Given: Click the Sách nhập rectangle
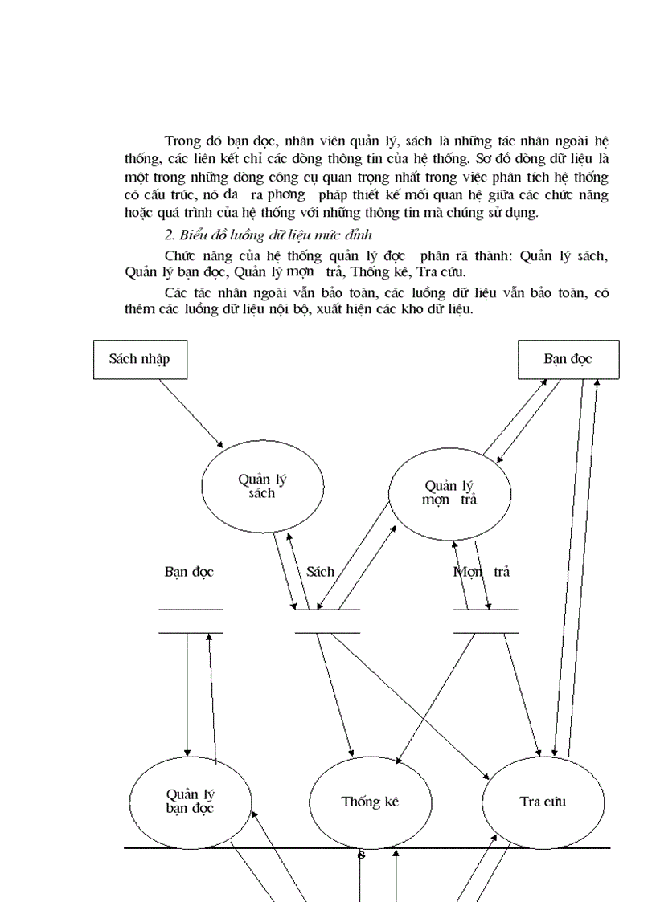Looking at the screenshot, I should coord(140,359).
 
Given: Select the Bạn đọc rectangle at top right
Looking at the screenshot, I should coord(568,359).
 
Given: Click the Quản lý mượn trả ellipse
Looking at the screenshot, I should coord(450,492).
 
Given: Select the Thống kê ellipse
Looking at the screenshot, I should coord(370,802).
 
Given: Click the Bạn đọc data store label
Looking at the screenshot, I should coord(189,572).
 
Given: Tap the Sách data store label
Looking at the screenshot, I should coord(320,572).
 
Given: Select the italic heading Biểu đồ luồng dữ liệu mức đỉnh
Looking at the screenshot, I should coord(269,234).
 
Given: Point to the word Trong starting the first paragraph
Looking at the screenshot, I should coord(182,142).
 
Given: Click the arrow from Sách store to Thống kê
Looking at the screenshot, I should coord(335,695).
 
